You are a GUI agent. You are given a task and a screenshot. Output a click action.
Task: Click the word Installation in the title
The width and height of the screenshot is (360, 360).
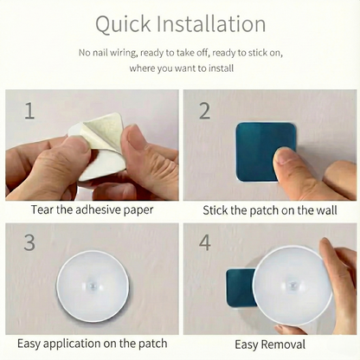click(x=211, y=23)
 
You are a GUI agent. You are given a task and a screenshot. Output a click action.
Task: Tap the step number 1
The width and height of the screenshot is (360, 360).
click(x=30, y=110)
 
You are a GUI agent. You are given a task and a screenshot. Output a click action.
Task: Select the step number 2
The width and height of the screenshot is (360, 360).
click(x=205, y=110)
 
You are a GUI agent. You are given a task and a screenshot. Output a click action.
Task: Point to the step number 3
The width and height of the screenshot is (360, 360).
click(x=30, y=242)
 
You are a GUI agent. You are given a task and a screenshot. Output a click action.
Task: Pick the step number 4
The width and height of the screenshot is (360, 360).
click(x=205, y=242)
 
